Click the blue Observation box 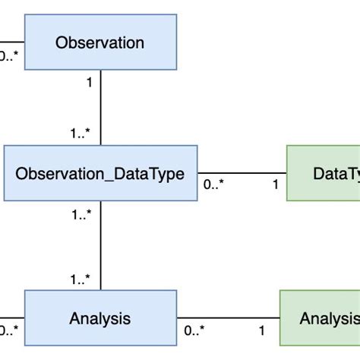point(100,42)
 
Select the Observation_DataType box point(100,173)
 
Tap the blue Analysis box point(100,317)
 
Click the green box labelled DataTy point(323,173)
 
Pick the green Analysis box point(320,317)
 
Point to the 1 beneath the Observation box point(90,83)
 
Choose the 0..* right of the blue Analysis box point(194,330)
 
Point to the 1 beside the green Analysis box point(262,330)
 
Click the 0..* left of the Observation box point(8,55)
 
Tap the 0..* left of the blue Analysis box point(8,330)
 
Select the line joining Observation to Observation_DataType point(101,106)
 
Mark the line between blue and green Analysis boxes point(228,317)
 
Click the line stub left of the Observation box point(11,42)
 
